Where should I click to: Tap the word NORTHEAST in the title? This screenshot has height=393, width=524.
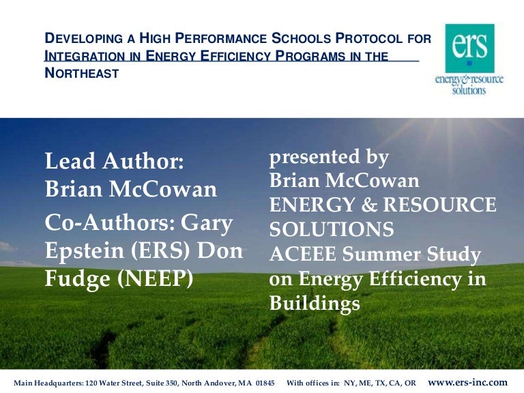[x=82, y=73]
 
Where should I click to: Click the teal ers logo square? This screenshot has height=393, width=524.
[x=469, y=47]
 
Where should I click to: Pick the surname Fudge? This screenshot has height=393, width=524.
[x=74, y=279]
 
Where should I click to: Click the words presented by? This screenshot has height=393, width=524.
[x=329, y=158]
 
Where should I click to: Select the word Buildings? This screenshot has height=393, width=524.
[x=315, y=304]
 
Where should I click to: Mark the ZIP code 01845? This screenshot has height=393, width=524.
[x=263, y=383]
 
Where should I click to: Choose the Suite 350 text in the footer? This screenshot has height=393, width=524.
[x=157, y=383]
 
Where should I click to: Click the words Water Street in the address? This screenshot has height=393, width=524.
[x=113, y=383]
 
